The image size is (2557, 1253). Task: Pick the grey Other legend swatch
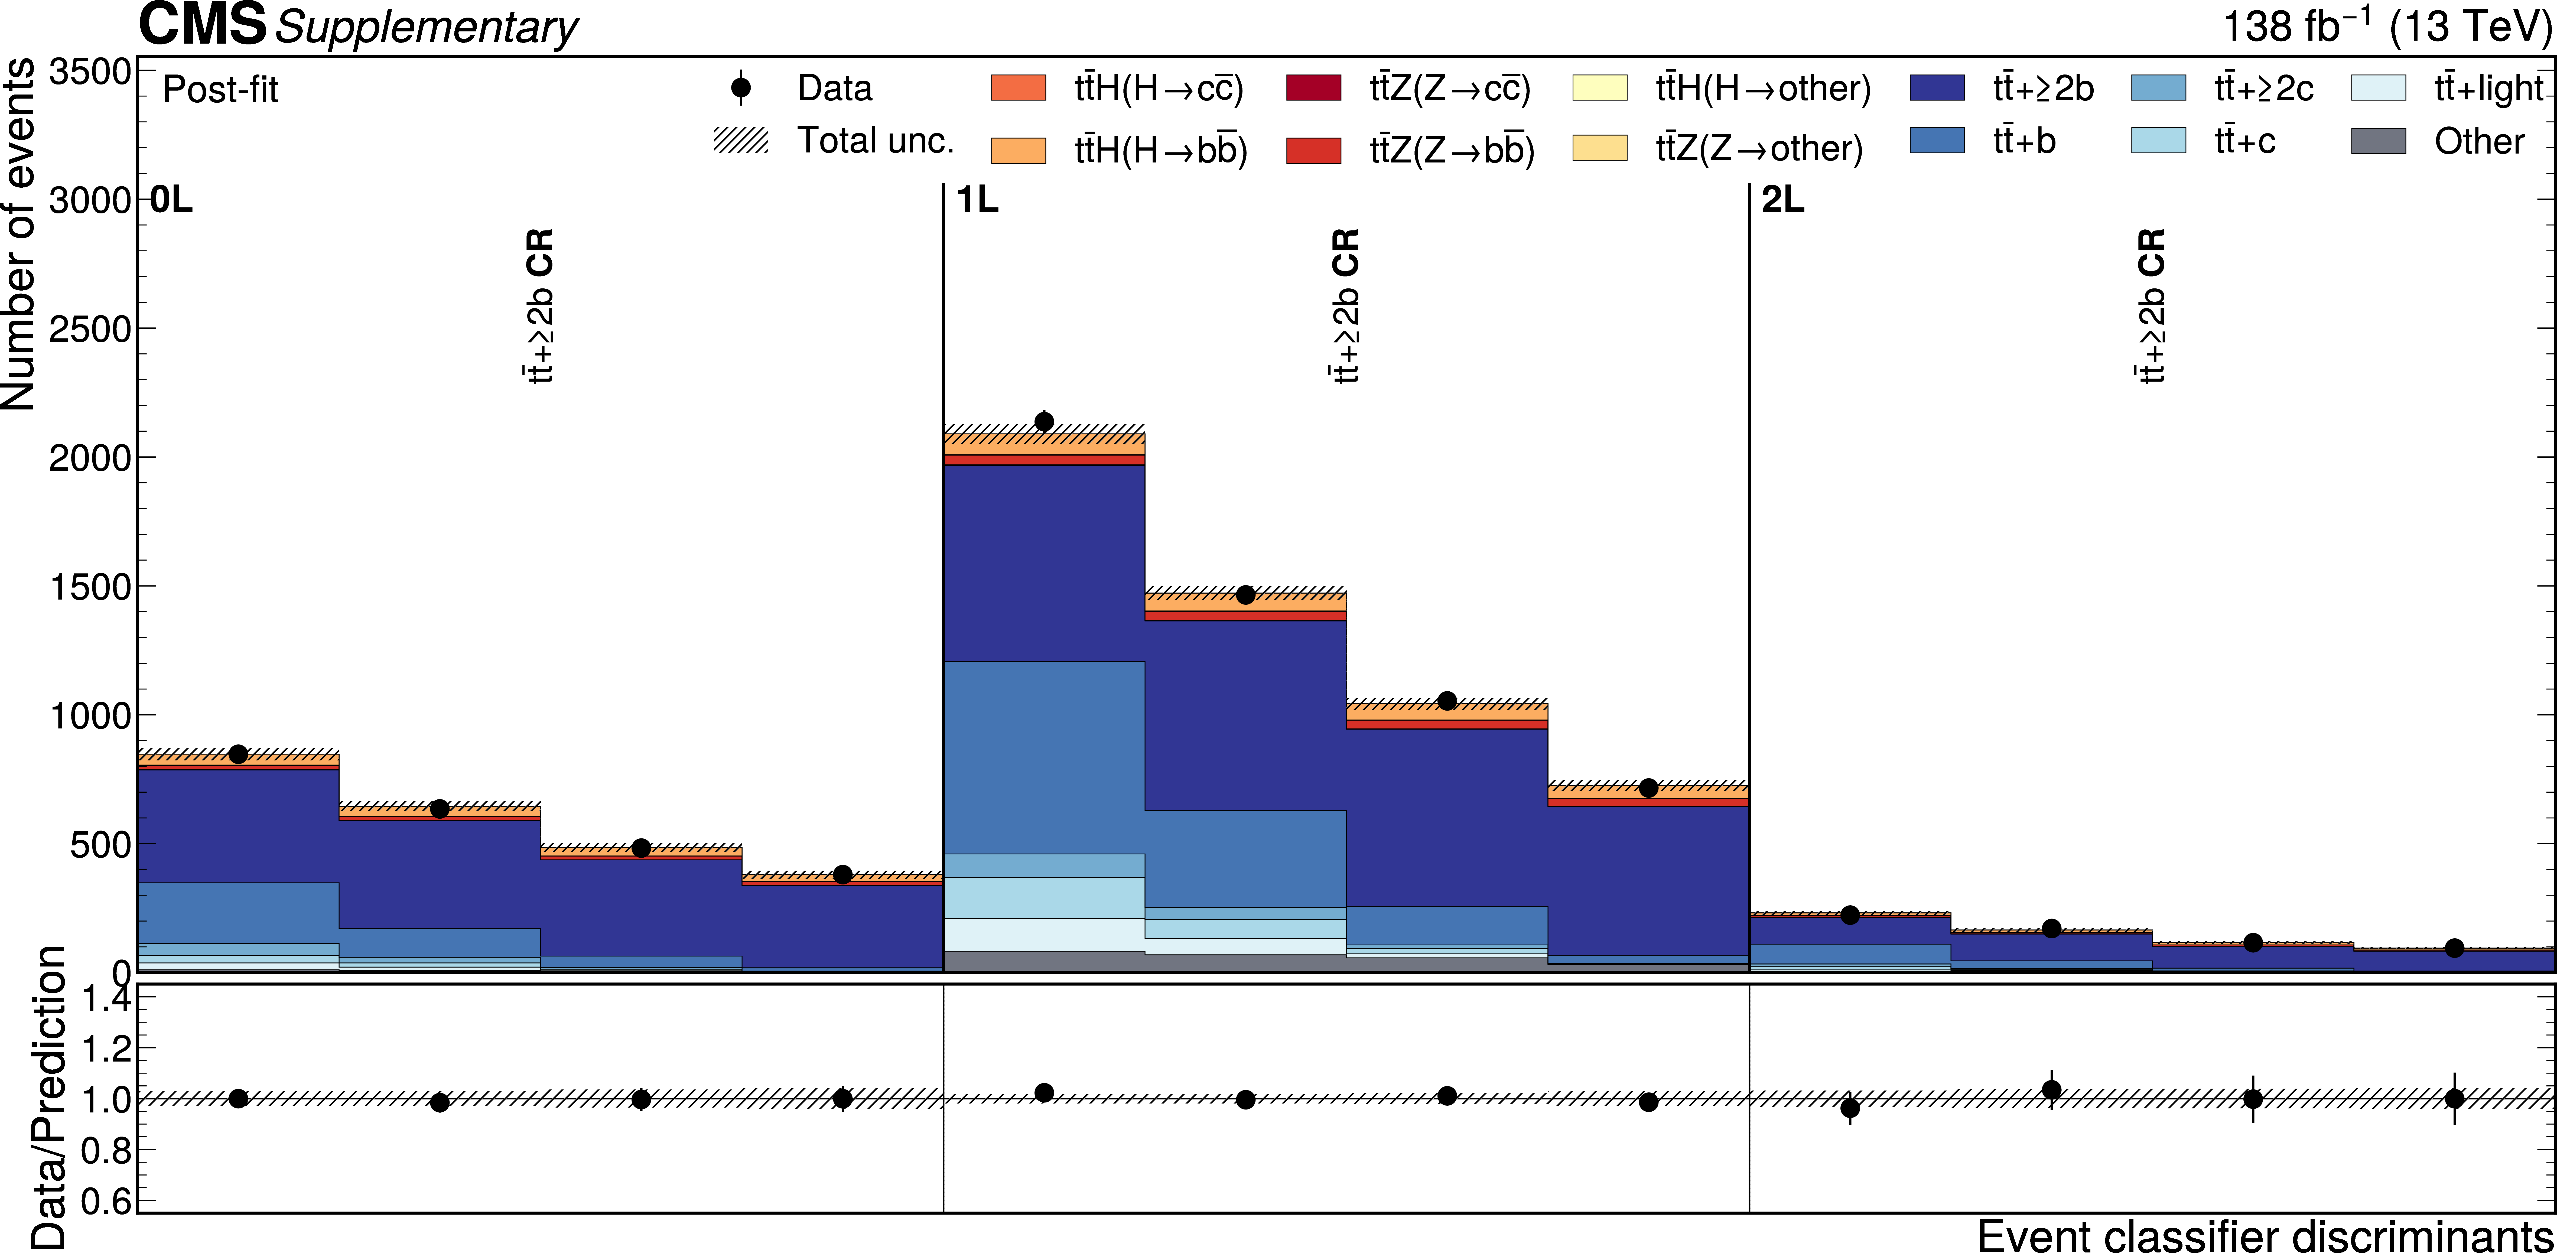tap(2378, 141)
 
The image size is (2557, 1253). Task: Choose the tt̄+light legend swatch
tap(2378, 87)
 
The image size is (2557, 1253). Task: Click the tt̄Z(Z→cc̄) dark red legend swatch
tap(1313, 87)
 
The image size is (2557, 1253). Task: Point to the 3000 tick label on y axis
tap(89, 201)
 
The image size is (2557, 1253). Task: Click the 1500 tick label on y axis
tap(89, 587)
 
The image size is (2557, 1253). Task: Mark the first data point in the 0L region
tap(238, 754)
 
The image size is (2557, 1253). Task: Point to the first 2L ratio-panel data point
tap(1849, 1108)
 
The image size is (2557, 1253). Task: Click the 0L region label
tap(171, 201)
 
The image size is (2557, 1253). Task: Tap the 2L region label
tap(1783, 201)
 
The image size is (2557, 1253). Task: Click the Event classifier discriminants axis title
tap(2265, 1236)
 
